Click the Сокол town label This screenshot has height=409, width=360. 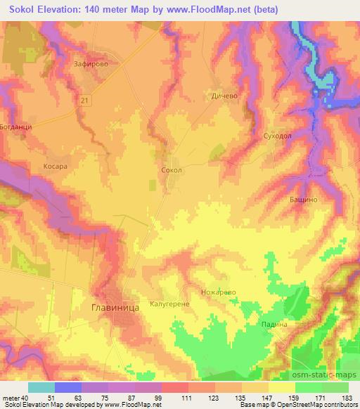click(172, 170)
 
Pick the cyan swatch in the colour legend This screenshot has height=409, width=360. click(41, 387)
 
